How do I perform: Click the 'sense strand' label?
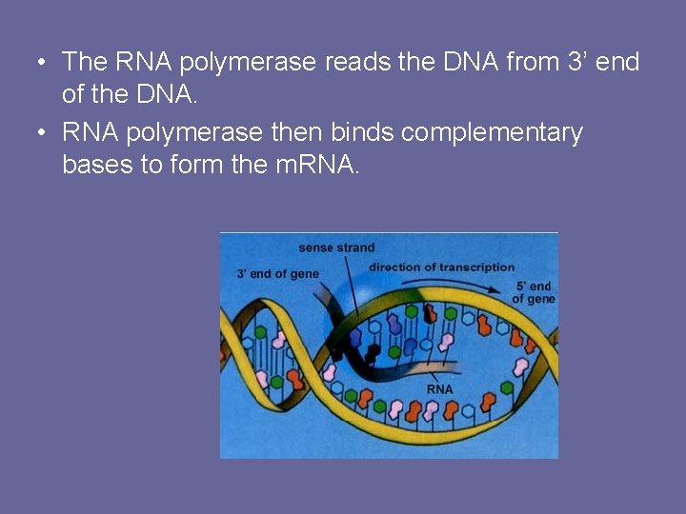pyautogui.click(x=336, y=248)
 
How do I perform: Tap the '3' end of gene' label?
pyautogui.click(x=278, y=274)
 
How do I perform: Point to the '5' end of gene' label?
pyautogui.click(x=534, y=292)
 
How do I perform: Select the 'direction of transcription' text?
pyautogui.click(x=441, y=267)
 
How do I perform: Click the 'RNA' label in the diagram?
pyautogui.click(x=439, y=389)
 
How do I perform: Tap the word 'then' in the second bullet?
pyautogui.click(x=297, y=132)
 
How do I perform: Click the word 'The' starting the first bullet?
pyautogui.click(x=84, y=63)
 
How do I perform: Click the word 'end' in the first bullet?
pyautogui.click(x=619, y=63)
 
